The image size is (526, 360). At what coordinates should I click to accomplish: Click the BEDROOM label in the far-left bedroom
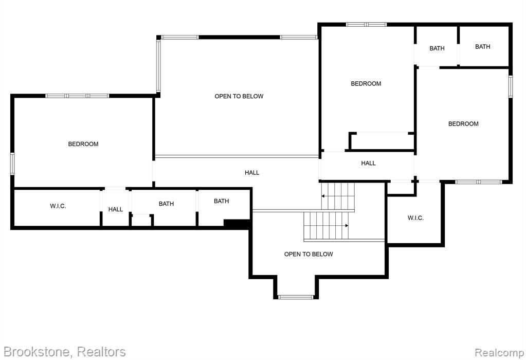coord(83,144)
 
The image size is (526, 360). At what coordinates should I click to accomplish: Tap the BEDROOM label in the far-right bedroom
coord(463,124)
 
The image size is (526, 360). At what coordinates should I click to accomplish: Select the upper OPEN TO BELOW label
coord(239,96)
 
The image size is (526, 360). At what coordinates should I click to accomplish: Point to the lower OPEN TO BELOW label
coord(309,255)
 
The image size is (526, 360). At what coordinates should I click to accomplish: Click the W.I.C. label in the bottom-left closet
coord(58,206)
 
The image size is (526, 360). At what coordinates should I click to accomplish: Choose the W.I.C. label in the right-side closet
coord(415,218)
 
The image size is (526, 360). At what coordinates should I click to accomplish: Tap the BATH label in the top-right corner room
coord(483,47)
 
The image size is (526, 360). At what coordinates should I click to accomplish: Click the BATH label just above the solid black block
coord(222,201)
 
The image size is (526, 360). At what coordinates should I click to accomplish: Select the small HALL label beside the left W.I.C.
coord(116,209)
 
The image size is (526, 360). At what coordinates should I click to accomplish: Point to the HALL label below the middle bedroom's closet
coord(368,164)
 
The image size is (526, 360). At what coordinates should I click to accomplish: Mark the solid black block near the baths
coord(237,223)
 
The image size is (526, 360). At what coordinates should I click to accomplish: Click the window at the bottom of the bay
coord(296,297)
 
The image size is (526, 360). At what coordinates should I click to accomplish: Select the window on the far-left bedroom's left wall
coord(12,164)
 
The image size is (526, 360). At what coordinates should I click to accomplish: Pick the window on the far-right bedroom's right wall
coord(511,86)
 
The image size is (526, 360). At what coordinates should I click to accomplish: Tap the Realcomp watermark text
coord(499,353)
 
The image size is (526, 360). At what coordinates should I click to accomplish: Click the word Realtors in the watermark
coord(101,352)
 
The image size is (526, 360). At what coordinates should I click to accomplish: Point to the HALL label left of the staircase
coord(252,173)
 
